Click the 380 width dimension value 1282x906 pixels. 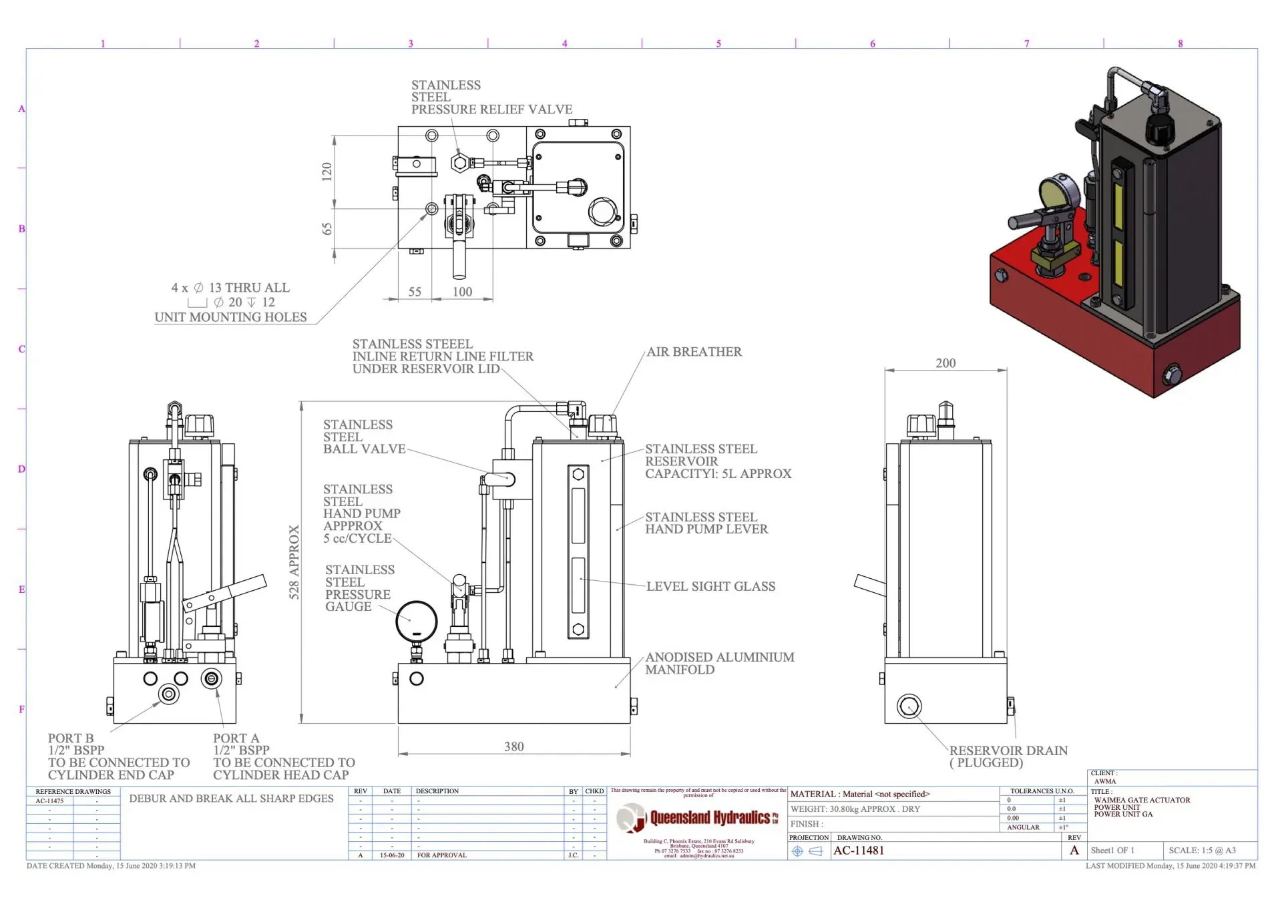pyautogui.click(x=513, y=746)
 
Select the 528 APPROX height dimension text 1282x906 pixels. pyautogui.click(x=294, y=562)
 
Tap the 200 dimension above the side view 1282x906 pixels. pyautogui.click(x=945, y=363)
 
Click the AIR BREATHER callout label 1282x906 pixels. pyautogui.click(x=694, y=352)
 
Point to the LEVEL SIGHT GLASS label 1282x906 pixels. pyautogui.click(x=710, y=586)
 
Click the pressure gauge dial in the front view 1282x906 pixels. pyautogui.click(x=416, y=621)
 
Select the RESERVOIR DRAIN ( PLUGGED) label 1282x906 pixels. pyautogui.click(x=1008, y=756)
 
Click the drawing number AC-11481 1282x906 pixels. pyautogui.click(x=859, y=851)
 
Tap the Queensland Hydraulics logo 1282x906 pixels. pyautogui.click(x=697, y=819)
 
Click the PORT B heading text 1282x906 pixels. pyautogui.click(x=70, y=738)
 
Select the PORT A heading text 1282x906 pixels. pyautogui.click(x=236, y=738)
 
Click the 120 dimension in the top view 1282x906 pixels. pyautogui.click(x=327, y=172)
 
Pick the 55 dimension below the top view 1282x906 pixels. pyautogui.click(x=415, y=292)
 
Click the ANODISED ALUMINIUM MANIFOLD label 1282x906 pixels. pyautogui.click(x=719, y=663)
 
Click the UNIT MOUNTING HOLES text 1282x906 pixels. pyautogui.click(x=230, y=317)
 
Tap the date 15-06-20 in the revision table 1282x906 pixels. pyautogui.click(x=392, y=855)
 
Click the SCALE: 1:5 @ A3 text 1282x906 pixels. pyautogui.click(x=1202, y=851)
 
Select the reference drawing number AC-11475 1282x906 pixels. pyautogui.click(x=49, y=801)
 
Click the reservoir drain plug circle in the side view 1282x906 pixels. pyautogui.click(x=909, y=706)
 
